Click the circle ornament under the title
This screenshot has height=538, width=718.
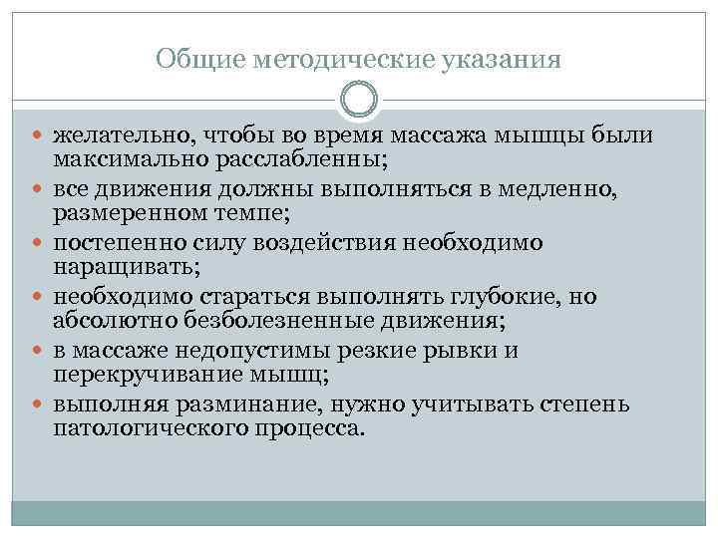pos(358,99)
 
